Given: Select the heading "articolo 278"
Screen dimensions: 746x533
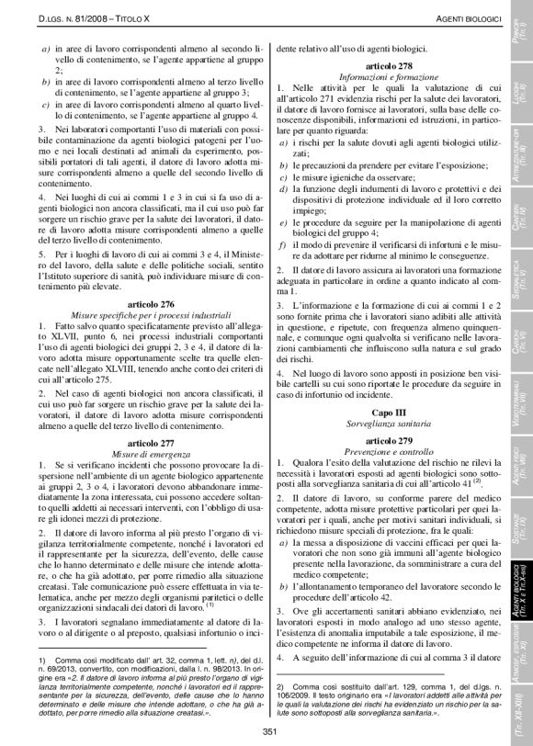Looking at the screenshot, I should [x=391, y=68].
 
